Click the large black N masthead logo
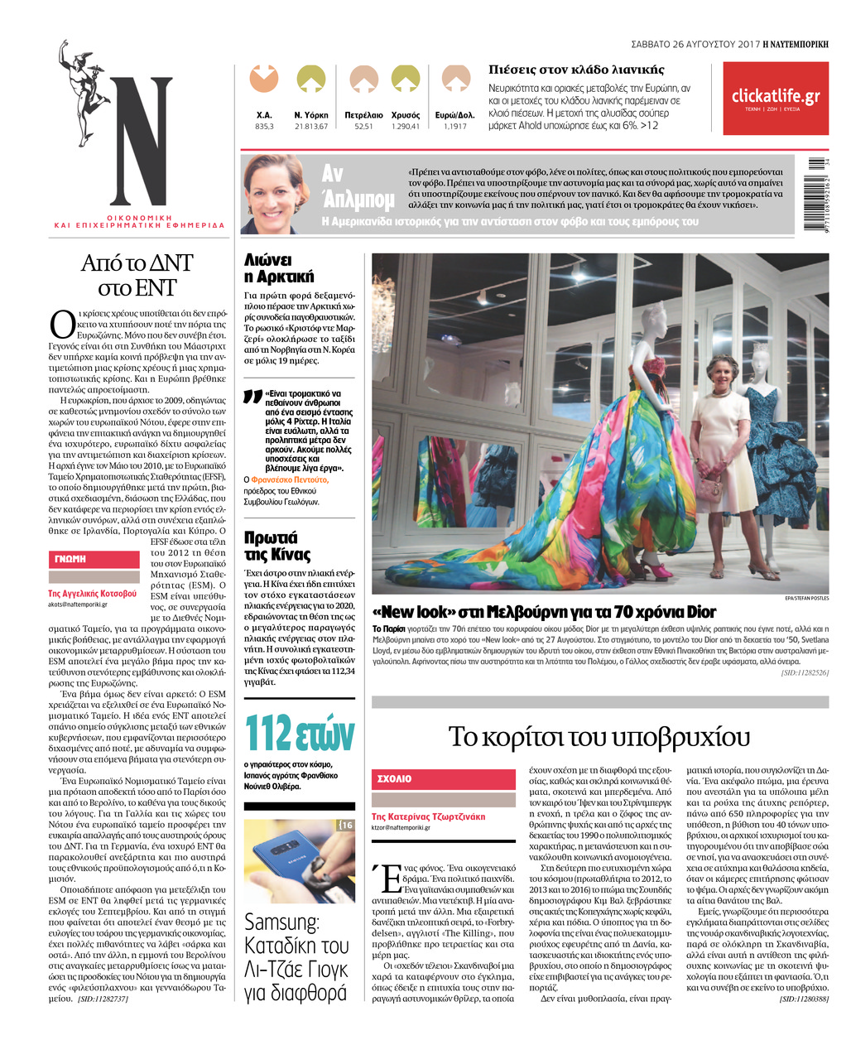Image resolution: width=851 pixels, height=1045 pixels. click(142, 141)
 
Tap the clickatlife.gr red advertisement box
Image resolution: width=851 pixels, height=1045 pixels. click(775, 99)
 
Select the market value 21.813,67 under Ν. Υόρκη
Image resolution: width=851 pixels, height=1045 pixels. click(311, 127)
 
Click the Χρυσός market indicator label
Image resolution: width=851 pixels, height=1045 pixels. click(405, 115)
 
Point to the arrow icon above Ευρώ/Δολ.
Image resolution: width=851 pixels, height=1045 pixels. click(455, 79)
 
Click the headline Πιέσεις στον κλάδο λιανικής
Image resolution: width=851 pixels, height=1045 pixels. click(576, 70)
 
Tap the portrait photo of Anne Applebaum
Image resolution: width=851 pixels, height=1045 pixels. click(276, 195)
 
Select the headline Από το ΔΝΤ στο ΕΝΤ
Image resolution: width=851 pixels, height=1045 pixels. click(137, 275)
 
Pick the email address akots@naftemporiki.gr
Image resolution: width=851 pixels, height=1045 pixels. click(78, 604)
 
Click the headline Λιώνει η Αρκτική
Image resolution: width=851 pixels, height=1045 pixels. click(279, 268)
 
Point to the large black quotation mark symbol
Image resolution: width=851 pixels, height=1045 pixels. click(252, 397)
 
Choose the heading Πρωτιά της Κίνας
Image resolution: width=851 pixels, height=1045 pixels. click(277, 547)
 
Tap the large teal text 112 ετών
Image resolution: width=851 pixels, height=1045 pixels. click(299, 732)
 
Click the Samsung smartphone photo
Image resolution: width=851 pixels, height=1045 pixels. click(299, 860)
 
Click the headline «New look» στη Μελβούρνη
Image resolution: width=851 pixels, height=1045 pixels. click(544, 612)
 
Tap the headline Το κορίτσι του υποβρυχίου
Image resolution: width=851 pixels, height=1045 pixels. click(599, 735)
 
